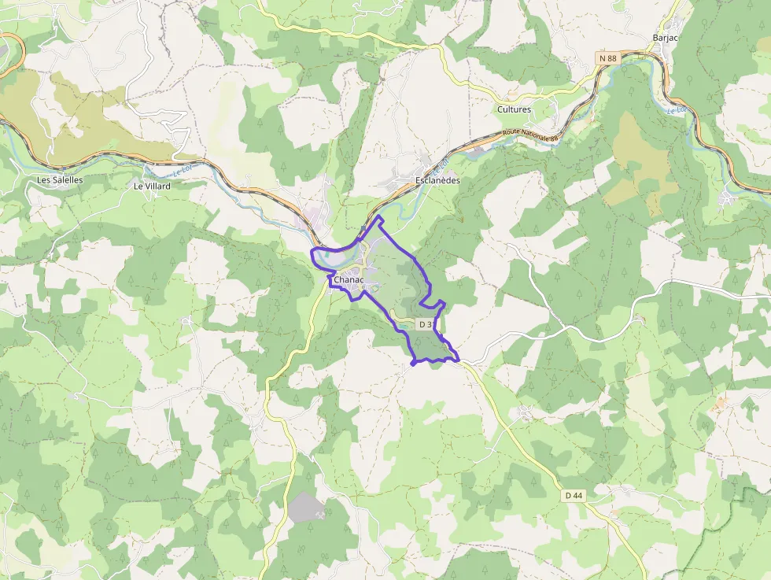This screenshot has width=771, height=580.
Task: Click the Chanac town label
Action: (x=349, y=280)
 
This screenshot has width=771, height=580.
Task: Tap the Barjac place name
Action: (x=666, y=38)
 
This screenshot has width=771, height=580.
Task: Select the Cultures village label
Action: (x=514, y=109)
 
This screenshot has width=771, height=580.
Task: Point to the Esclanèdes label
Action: (x=437, y=180)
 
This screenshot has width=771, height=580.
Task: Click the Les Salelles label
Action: (x=60, y=179)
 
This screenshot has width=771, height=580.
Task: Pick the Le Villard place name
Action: (x=152, y=187)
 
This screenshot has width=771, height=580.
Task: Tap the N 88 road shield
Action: (x=607, y=58)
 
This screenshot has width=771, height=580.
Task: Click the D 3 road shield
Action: (x=425, y=324)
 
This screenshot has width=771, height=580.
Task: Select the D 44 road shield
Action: (x=574, y=495)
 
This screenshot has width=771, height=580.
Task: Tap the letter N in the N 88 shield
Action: (x=602, y=58)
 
